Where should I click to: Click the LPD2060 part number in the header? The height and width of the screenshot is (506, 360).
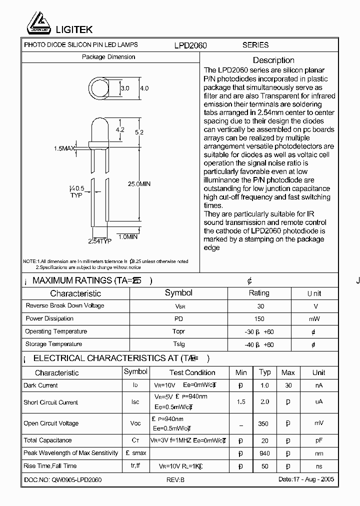pyautogui.click(x=190, y=45)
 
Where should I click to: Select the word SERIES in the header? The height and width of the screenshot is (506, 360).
pyautogui.click(x=255, y=45)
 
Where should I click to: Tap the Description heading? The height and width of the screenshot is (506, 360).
pyautogui.click(x=273, y=60)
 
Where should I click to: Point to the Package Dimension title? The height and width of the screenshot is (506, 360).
pyautogui.click(x=108, y=57)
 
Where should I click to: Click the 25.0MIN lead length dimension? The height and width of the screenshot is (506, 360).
pyautogui.click(x=139, y=184)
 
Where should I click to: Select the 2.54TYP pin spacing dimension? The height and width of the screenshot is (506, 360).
pyautogui.click(x=99, y=241)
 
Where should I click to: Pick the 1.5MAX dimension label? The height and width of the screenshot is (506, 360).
pyautogui.click(x=64, y=148)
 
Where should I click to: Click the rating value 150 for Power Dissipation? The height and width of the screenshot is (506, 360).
pyautogui.click(x=259, y=318)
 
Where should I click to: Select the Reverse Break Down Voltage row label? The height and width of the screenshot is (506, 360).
pyautogui.click(x=65, y=305)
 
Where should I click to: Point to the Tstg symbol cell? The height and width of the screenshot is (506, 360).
pyautogui.click(x=178, y=344)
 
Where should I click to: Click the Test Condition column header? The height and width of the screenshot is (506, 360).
pyautogui.click(x=192, y=372)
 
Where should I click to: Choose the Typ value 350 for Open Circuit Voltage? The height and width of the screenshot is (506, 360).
pyautogui.click(x=263, y=423)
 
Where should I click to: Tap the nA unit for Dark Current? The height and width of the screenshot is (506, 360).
pyautogui.click(x=318, y=385)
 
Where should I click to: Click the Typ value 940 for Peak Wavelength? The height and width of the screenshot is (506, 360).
pyautogui.click(x=264, y=453)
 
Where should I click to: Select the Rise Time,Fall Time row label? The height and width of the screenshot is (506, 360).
pyautogui.click(x=50, y=466)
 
